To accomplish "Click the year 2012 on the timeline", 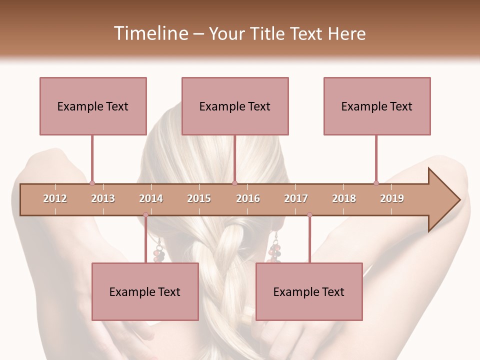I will [x=55, y=198].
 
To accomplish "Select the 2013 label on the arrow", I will [x=103, y=198].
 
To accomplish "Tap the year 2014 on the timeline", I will [x=151, y=198].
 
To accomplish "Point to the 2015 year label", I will [x=199, y=198].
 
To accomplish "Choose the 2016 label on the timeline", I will [x=248, y=198].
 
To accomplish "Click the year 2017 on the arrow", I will [x=296, y=198].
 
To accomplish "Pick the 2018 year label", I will [x=344, y=198].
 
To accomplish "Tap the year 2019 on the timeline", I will [x=392, y=198].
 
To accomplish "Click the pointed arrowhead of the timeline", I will [x=445, y=200].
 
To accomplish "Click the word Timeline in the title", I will [x=149, y=33].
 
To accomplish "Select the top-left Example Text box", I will [x=93, y=106].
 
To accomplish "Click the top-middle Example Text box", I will [x=235, y=106].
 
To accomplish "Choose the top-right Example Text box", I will [x=377, y=106].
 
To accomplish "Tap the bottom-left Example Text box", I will [x=145, y=291].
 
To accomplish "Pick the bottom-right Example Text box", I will [x=309, y=291].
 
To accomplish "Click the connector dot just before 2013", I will [x=92, y=183].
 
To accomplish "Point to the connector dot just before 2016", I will [x=234, y=183].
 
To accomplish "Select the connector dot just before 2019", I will [x=376, y=183].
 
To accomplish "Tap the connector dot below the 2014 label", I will [x=145, y=215].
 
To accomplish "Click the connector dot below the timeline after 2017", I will [x=309, y=215].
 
